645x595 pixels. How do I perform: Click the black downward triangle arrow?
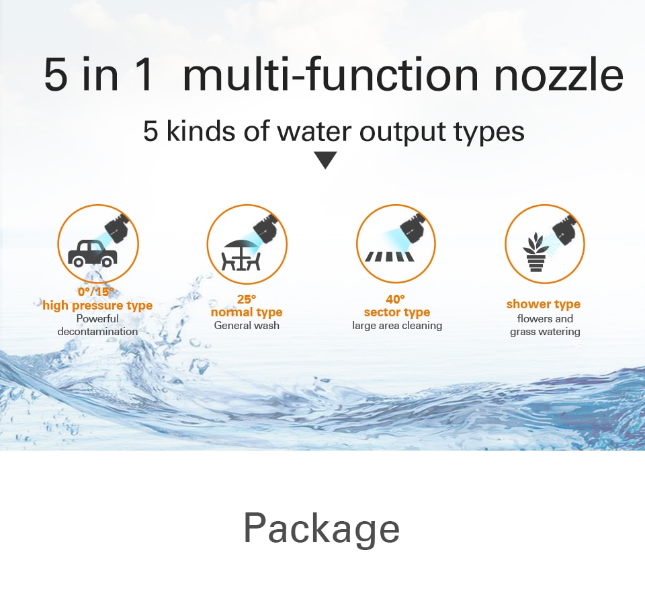[x=325, y=160]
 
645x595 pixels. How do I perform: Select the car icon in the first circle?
[x=92, y=254]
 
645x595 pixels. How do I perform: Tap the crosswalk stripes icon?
[x=389, y=257]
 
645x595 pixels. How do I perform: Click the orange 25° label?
[x=247, y=299]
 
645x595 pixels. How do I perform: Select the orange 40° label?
[x=395, y=299]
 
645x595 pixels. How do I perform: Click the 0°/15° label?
[x=96, y=292]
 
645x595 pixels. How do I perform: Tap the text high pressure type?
[x=97, y=306]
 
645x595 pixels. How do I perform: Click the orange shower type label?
[x=544, y=304]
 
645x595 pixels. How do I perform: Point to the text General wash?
[x=247, y=325]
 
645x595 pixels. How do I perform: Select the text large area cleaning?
[x=397, y=326]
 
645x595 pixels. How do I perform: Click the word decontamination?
[x=97, y=332]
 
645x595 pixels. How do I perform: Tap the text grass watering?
[x=545, y=332]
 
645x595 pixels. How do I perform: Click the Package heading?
[x=321, y=529]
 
